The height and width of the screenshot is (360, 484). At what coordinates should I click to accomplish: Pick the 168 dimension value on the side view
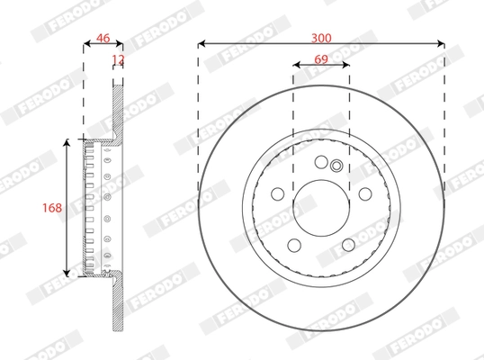(52, 208)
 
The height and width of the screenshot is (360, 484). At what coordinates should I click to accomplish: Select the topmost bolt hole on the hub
(321, 162)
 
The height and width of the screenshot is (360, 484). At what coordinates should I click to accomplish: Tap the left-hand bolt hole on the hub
(276, 194)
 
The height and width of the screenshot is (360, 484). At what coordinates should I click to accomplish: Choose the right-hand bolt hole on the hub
(365, 194)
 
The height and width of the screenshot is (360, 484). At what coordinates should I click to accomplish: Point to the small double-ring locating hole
(336, 165)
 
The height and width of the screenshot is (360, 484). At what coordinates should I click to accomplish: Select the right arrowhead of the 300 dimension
(441, 42)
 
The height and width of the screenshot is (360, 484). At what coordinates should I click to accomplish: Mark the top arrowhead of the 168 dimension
(67, 143)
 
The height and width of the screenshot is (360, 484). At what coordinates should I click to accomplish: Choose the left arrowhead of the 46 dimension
(86, 42)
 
